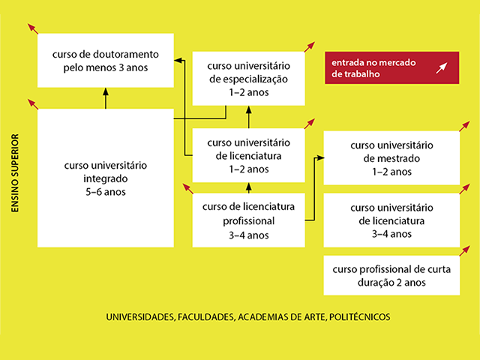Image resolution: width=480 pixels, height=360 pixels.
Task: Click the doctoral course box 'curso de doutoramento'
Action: (106, 61)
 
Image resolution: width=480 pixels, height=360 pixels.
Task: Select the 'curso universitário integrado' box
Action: (106, 178)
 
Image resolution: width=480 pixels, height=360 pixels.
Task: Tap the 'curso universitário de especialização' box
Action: (247, 78)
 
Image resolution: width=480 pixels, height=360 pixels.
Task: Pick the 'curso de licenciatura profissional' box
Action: (247, 220)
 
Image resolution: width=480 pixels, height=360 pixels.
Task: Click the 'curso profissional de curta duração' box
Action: (391, 275)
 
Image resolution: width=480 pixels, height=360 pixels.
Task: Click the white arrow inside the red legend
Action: (442, 68)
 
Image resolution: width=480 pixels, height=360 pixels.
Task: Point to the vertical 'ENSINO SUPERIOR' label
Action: (14, 173)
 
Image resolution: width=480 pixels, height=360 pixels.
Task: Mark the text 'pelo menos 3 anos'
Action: (106, 67)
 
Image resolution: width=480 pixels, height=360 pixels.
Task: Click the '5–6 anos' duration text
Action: (106, 191)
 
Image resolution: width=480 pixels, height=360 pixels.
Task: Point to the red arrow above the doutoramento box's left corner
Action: (32, 28)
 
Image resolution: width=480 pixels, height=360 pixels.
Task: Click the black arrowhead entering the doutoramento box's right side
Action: (178, 58)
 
